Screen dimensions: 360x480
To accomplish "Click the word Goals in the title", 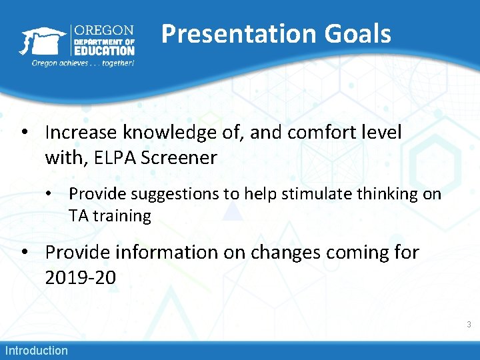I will click(x=359, y=34).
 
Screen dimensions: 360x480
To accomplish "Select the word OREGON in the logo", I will click(x=103, y=31).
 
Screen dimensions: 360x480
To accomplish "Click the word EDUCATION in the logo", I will click(x=104, y=51).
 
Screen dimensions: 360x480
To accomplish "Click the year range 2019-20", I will click(x=80, y=277).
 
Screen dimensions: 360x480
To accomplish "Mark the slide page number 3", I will click(x=469, y=325).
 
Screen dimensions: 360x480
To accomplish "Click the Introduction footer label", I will click(x=37, y=350).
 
